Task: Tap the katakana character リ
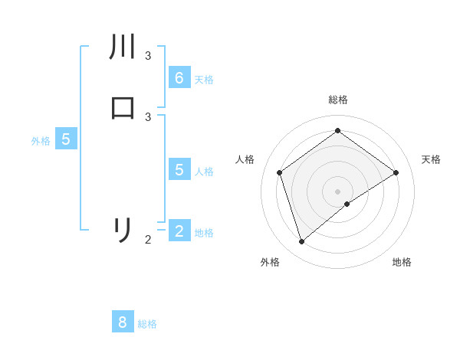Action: pos(123,230)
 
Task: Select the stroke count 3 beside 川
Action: pos(148,56)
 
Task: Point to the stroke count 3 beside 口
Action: pos(148,116)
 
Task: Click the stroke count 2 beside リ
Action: pos(148,240)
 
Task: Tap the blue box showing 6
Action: pos(179,77)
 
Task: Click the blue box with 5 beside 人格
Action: pos(179,169)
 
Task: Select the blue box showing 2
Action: pos(179,231)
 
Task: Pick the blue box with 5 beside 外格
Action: pos(66,139)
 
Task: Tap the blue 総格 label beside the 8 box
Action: pos(147,324)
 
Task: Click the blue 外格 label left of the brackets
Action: pos(41,141)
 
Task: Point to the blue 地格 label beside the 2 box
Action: pos(204,233)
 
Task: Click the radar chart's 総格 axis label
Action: pos(337,100)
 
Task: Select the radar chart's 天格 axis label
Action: pos(431,159)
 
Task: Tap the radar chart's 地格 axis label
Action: pos(402,262)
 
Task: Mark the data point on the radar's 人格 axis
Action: pos(280,172)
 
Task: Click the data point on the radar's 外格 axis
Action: pos(301,242)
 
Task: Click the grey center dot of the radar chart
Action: pos(337,191)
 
